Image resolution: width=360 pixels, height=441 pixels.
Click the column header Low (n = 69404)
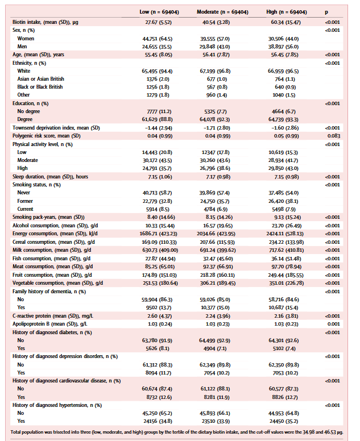tap(159, 12)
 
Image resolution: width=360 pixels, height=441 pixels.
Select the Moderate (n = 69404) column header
tap(222, 12)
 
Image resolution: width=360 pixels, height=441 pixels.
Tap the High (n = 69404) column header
tap(287, 12)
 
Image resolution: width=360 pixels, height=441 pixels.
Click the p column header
tap(326, 13)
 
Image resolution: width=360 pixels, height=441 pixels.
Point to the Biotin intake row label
tap(45, 22)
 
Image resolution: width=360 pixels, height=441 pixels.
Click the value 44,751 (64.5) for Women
tap(158, 39)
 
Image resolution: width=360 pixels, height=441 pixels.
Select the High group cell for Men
tap(283, 47)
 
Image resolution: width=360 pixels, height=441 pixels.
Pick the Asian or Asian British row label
tap(40, 79)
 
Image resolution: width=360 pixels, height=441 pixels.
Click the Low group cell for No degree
tap(159, 111)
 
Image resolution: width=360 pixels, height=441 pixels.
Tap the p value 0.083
tap(333, 136)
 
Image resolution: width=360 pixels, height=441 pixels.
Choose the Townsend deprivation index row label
tap(56, 128)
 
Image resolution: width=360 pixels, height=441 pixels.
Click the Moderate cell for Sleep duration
tap(216, 177)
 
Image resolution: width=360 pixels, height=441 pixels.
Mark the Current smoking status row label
tap(25, 209)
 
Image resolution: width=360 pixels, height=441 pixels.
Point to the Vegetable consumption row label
tap(57, 283)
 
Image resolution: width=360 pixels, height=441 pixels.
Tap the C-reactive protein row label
tap(53, 316)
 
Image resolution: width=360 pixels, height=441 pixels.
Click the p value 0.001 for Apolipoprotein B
tap(333, 324)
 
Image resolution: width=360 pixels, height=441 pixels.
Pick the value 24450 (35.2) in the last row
tap(284, 421)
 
